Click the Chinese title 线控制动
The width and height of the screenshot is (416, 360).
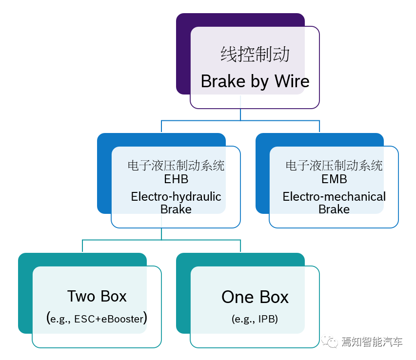(255, 54)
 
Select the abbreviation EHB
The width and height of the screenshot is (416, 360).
(176, 179)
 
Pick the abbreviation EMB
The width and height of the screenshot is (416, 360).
(334, 179)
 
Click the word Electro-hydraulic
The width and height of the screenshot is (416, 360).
(176, 197)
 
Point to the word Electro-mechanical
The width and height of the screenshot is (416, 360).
(334, 197)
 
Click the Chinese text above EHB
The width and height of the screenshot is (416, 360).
(176, 166)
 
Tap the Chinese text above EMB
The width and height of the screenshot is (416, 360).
(334, 166)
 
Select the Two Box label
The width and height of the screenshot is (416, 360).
(97, 296)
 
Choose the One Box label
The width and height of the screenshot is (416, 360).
(255, 297)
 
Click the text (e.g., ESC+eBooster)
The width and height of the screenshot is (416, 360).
(97, 319)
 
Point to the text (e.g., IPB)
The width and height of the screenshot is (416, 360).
(255, 320)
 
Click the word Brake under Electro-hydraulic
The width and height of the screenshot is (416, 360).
(176, 209)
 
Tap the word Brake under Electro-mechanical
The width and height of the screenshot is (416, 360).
(334, 209)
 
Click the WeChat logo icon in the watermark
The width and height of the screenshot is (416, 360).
(330, 342)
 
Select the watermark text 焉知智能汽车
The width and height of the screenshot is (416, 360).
(372, 342)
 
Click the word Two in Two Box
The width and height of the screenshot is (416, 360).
(80, 296)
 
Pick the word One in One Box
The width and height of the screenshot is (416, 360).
(238, 297)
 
